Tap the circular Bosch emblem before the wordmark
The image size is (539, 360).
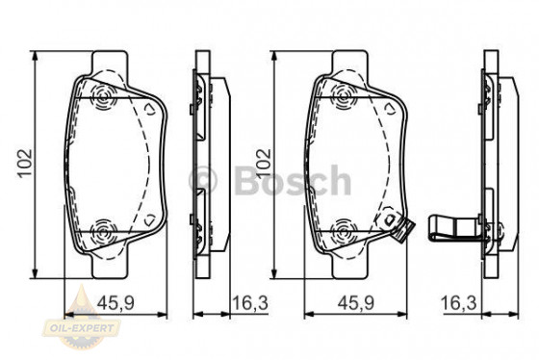tap(207, 179)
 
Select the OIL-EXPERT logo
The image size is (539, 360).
tap(91, 327)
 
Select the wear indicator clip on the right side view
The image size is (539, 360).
tap(452, 228)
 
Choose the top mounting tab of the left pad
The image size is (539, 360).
tap(113, 62)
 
